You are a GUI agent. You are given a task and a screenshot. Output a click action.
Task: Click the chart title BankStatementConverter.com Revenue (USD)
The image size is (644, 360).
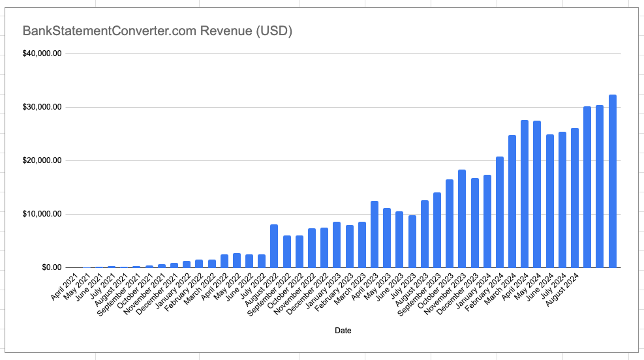tap(157, 31)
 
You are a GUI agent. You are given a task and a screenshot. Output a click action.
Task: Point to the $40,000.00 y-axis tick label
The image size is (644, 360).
tap(42, 53)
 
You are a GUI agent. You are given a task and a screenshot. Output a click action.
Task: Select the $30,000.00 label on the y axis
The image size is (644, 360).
tap(42, 107)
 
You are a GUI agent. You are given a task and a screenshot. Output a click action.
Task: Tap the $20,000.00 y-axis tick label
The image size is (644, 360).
tap(42, 160)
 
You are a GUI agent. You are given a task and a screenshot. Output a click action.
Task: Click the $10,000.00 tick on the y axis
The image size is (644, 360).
tap(42, 214)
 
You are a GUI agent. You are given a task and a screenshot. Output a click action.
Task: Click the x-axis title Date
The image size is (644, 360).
tap(343, 331)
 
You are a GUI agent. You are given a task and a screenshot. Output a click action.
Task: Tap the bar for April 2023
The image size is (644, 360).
tap(375, 234)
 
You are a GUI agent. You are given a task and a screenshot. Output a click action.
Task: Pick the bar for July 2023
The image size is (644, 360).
tap(412, 241)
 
